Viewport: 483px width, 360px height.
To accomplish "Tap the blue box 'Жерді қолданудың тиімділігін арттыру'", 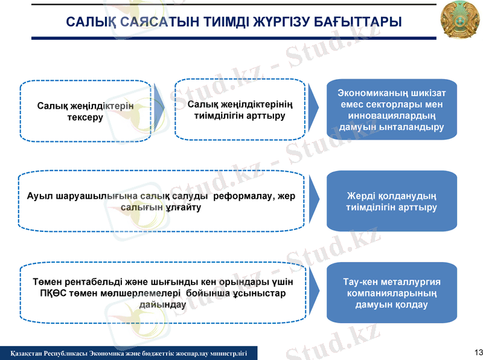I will [x=391, y=202].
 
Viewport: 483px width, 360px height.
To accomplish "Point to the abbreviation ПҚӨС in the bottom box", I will [x=53, y=294].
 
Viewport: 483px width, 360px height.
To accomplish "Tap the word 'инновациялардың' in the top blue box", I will [x=392, y=115].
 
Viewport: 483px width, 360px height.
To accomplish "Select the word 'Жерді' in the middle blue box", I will [x=361, y=196].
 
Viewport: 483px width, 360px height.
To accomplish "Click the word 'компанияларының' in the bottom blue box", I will [x=392, y=293].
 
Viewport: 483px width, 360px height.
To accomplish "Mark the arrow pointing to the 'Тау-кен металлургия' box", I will [x=314, y=291].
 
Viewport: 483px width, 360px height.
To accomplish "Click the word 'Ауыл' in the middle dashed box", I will [x=40, y=196].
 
